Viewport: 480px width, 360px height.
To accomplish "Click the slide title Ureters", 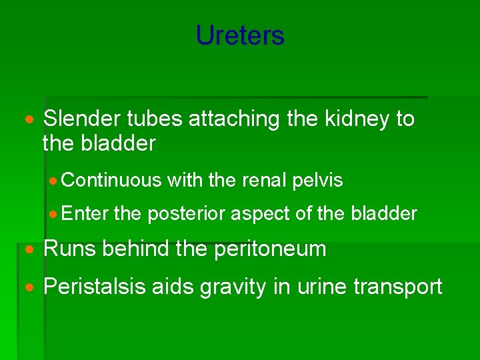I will (240, 35).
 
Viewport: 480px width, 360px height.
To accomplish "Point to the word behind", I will (134, 249).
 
